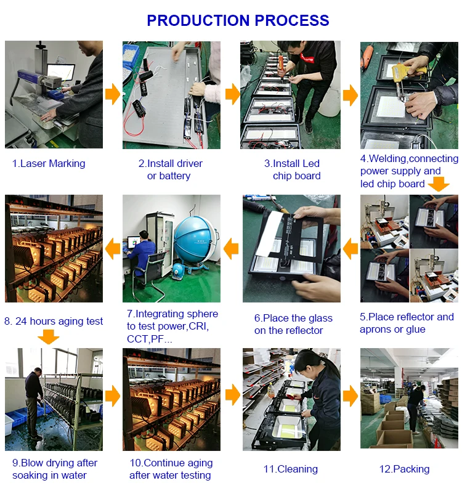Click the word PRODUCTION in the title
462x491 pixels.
coord(198,20)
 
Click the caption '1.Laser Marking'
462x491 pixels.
coord(49,163)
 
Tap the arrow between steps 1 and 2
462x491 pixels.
coord(113,94)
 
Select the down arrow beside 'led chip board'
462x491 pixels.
coord(439,184)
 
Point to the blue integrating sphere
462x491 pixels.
coord(195,240)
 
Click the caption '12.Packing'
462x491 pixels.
coord(404,469)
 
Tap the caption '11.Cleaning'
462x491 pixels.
coord(291,469)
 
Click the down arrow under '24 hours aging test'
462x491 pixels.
coord(48,337)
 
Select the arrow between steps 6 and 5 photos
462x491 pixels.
coord(351,249)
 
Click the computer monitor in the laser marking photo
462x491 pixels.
coord(61,71)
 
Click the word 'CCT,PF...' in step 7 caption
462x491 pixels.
coord(150,339)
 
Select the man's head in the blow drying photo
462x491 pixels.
coord(38,371)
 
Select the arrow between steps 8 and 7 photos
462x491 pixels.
coord(113,249)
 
